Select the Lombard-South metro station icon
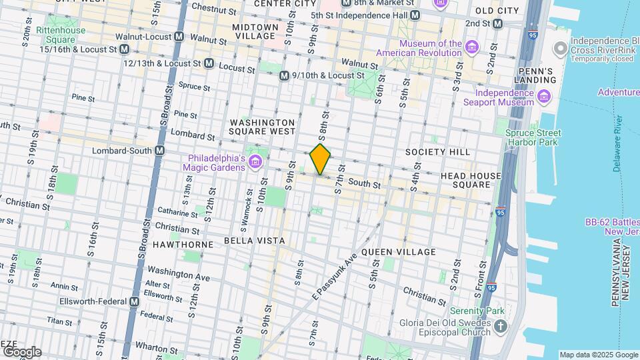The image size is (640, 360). (159, 151)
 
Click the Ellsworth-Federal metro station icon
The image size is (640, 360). (135, 301)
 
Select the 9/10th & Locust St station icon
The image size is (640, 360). (284, 76)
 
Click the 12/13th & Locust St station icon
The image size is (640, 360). (208, 63)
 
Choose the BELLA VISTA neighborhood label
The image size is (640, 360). (254, 241)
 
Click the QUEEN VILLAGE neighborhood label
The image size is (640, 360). (399, 252)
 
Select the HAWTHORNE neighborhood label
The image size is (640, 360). (177, 245)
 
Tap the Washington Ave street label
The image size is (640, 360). (179, 274)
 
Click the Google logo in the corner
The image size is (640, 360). (21, 351)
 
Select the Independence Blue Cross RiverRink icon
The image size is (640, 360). (561, 48)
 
